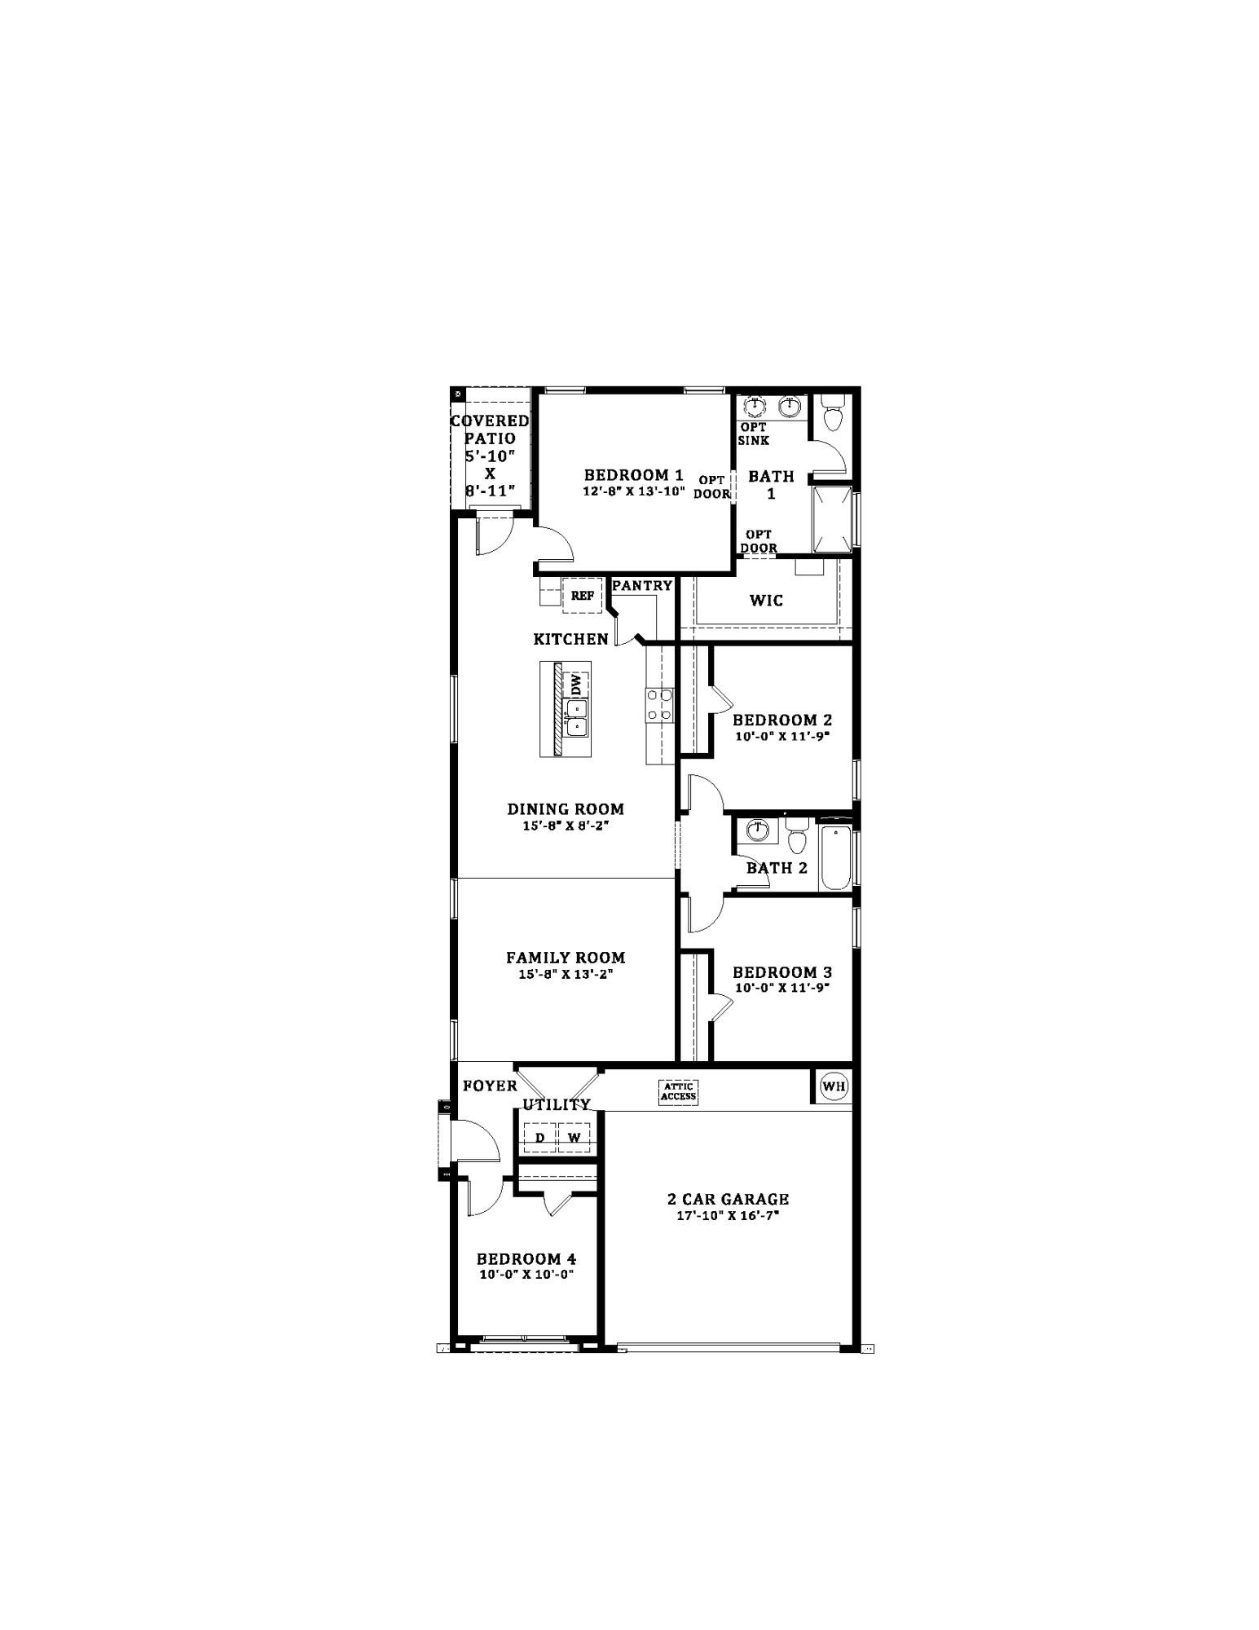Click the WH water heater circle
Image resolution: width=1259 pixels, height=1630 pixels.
click(833, 1086)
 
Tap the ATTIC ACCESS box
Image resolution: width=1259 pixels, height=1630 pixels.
click(678, 1092)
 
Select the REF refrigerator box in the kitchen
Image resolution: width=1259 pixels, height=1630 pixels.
click(582, 596)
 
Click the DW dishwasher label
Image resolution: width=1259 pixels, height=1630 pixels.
click(577, 685)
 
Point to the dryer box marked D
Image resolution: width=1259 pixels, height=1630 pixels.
click(539, 1138)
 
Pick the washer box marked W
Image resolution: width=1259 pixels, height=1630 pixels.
click(574, 1138)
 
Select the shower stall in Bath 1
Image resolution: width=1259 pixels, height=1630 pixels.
click(831, 519)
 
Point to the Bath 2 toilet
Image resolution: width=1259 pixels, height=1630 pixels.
click(796, 835)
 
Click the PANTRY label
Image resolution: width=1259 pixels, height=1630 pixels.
click(642, 585)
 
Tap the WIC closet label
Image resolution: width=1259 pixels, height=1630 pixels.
click(766, 601)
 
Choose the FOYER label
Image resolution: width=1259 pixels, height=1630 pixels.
click(490, 1086)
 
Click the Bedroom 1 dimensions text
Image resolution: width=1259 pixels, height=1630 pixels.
click(633, 491)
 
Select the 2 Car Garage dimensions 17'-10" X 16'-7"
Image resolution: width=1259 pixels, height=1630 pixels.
click(728, 1215)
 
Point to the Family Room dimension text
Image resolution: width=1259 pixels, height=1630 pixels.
click(566, 974)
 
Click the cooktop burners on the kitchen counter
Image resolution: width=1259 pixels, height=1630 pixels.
click(659, 706)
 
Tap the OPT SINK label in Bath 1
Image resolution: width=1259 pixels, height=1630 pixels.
click(754, 434)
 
